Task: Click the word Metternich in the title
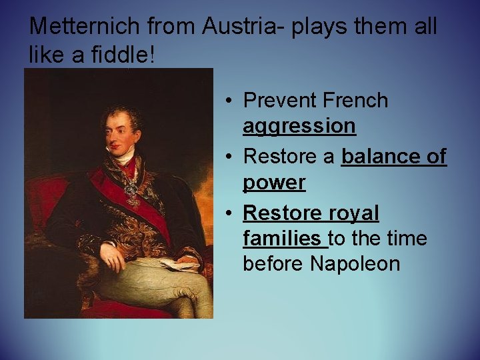[84, 27]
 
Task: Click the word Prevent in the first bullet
[280, 101]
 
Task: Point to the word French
[355, 101]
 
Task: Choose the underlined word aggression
[299, 126]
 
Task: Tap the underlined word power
[274, 183]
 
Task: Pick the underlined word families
[282, 238]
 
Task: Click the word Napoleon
[355, 264]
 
